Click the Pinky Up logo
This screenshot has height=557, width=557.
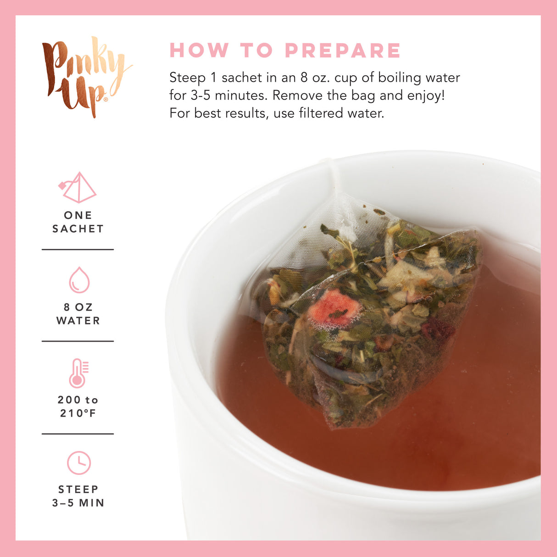coord(85,76)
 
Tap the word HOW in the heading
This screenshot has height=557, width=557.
coord(199,50)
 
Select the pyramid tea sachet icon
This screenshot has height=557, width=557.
coord(78,188)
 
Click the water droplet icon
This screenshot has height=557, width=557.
coord(79,280)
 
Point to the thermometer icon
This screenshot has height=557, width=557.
coord(78,373)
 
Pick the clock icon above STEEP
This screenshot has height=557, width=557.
coord(79,463)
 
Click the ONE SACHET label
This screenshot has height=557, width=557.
coord(78,222)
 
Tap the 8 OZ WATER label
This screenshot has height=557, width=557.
coord(78,314)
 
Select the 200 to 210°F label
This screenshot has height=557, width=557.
coord(78,407)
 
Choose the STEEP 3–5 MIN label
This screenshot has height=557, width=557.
coord(78,496)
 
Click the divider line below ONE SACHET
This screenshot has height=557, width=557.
coord(78,250)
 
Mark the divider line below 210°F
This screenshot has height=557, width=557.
coord(78,434)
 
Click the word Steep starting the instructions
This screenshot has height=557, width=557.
coord(187,78)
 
